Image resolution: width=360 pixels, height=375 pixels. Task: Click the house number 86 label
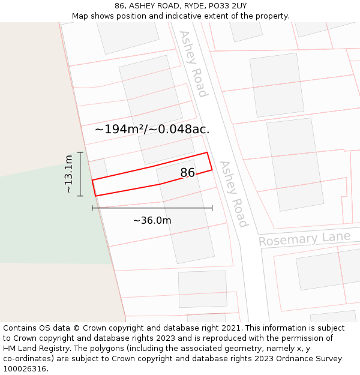(x=188, y=173)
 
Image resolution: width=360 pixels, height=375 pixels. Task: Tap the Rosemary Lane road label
(x=304, y=239)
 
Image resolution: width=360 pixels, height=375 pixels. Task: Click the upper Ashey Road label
(x=193, y=64)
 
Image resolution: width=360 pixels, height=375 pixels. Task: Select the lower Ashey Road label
(x=233, y=194)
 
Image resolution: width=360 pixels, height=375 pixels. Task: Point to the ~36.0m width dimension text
(x=152, y=221)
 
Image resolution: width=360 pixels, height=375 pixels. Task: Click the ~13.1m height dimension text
(x=69, y=174)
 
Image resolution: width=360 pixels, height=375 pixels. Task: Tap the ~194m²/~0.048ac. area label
(x=152, y=129)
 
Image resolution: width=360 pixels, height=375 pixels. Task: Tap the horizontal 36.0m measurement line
(x=152, y=208)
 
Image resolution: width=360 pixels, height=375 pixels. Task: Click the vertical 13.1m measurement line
(x=80, y=174)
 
